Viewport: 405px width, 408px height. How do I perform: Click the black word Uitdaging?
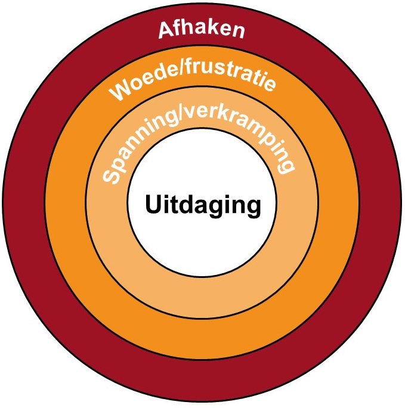pos(203,206)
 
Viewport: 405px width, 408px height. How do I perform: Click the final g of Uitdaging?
pos(254,208)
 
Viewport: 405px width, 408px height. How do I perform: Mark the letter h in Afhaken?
pos(190,27)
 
